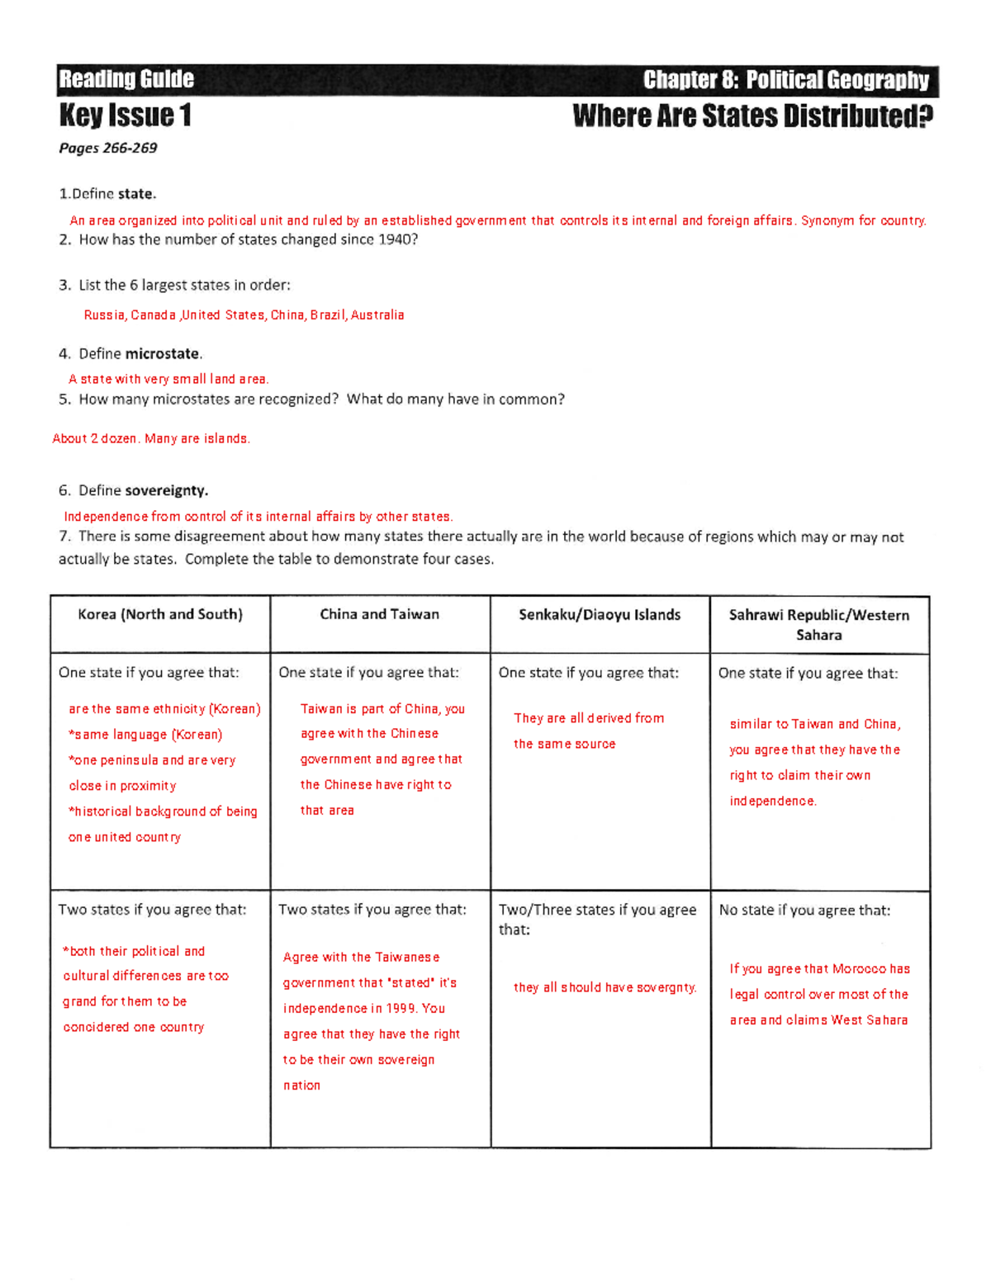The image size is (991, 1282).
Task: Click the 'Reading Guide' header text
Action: tap(126, 79)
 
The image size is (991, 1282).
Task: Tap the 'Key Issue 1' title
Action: tap(125, 116)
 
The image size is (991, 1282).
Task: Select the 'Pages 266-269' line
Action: tap(107, 149)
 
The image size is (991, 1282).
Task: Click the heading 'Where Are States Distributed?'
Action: tap(752, 116)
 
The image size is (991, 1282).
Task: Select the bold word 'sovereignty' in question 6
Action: tap(166, 490)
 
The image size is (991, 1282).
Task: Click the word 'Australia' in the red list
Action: tap(377, 315)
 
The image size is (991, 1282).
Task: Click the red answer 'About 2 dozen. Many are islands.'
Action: tap(151, 439)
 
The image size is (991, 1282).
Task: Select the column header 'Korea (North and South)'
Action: tap(160, 614)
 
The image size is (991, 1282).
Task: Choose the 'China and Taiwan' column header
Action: tap(379, 614)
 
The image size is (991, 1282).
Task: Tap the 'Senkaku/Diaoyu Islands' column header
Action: tap(600, 615)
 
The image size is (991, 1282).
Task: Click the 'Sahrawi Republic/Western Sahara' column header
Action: tap(818, 625)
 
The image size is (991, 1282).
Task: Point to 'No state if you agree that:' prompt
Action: tap(804, 911)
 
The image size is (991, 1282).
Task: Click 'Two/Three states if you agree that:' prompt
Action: tap(597, 919)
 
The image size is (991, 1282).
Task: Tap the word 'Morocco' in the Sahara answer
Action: tap(859, 969)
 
